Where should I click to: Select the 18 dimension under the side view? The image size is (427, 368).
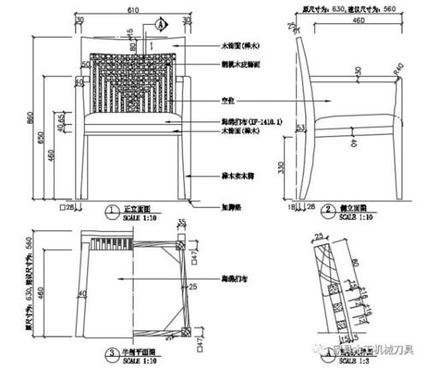point(291,206)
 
